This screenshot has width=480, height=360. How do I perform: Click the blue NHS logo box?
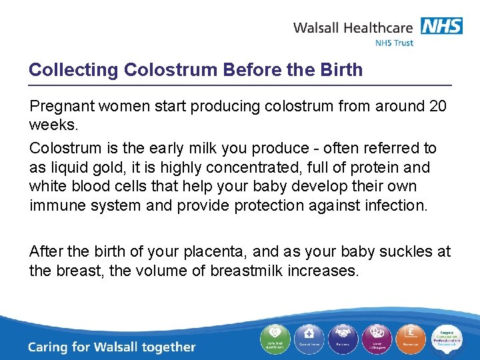coord(441,26)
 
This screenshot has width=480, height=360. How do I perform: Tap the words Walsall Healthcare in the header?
coord(353,28)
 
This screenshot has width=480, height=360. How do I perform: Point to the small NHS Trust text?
coord(394,43)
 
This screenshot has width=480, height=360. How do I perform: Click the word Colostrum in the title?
coord(161,70)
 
